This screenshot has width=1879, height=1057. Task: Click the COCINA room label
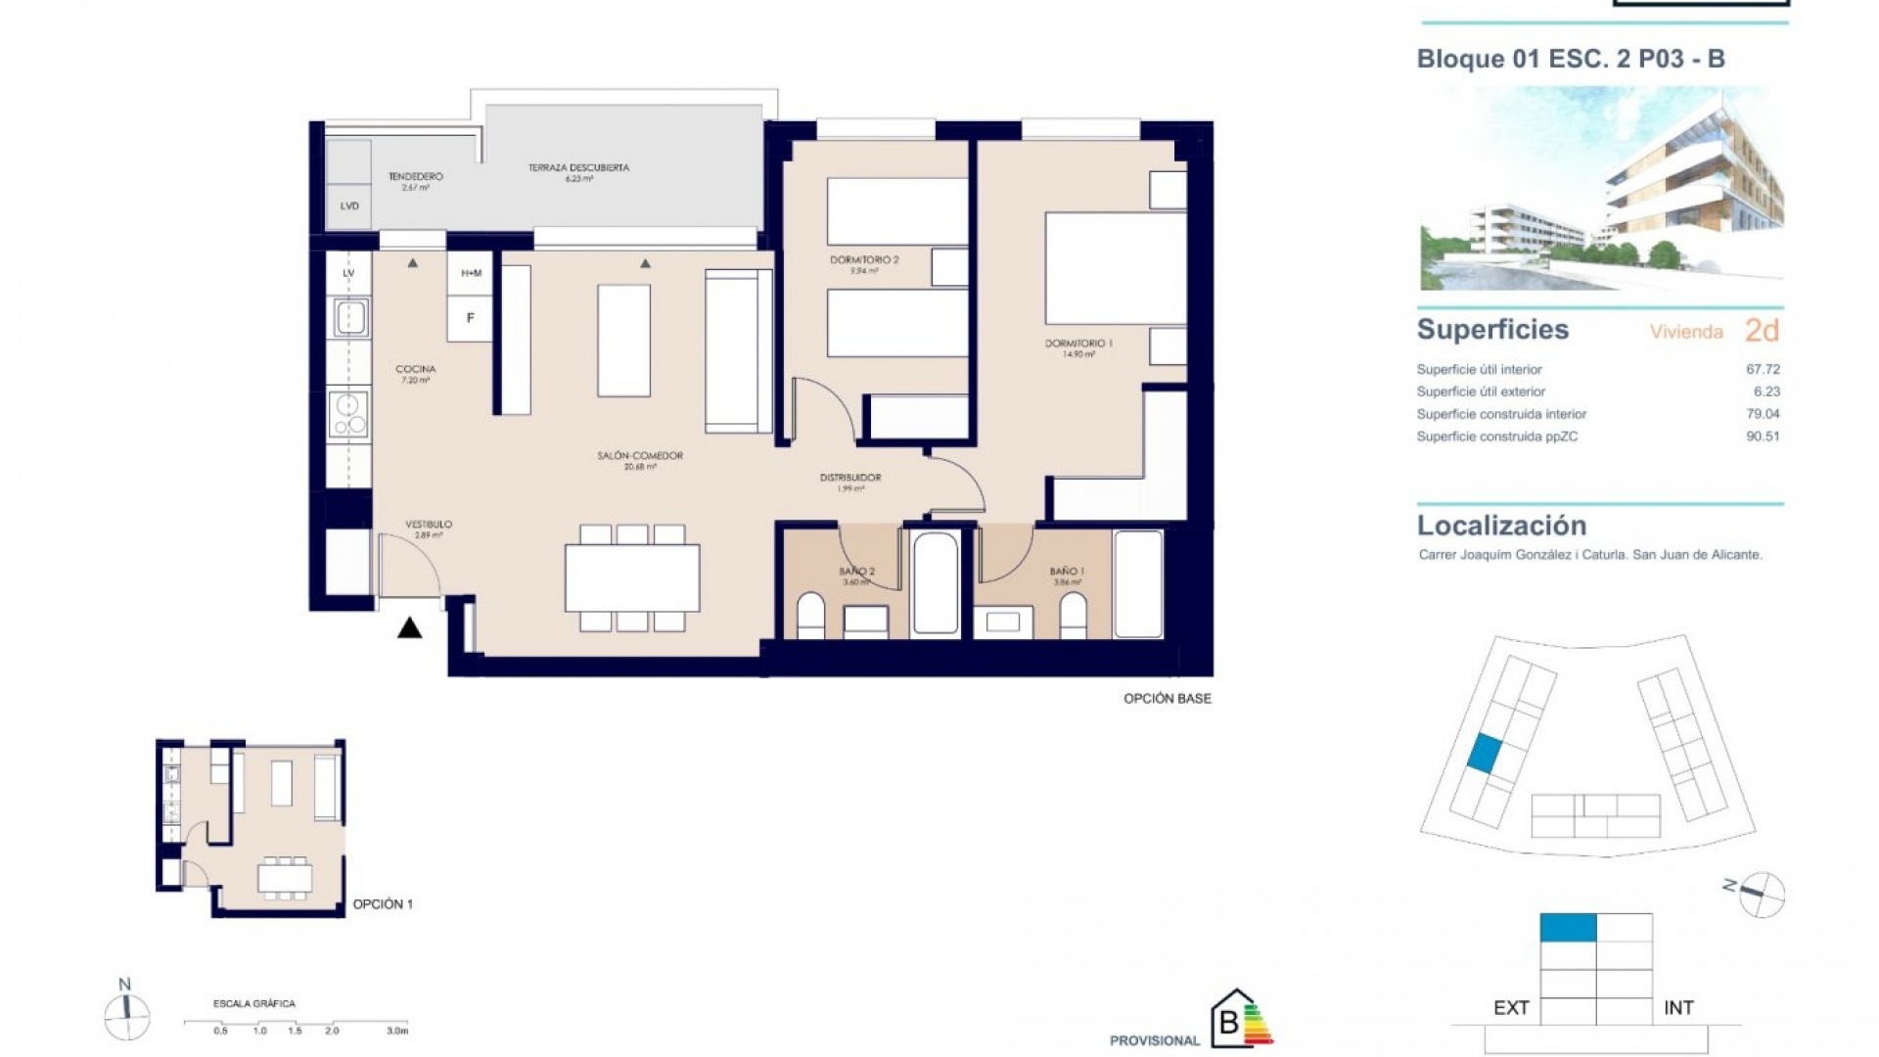pyautogui.click(x=415, y=370)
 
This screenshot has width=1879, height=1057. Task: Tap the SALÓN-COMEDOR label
pyautogui.click(x=640, y=456)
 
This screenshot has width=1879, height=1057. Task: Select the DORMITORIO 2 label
pyautogui.click(x=864, y=260)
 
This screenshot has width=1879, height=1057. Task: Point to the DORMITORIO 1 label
pyautogui.click(x=1078, y=344)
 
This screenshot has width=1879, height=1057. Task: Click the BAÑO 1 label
pyautogui.click(x=1067, y=572)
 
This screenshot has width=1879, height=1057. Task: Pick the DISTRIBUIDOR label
pyautogui.click(x=850, y=478)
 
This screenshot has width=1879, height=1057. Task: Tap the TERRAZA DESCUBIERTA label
pyautogui.click(x=578, y=168)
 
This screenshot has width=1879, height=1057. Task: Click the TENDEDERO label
pyautogui.click(x=415, y=177)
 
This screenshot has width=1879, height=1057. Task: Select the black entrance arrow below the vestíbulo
pyautogui.click(x=409, y=628)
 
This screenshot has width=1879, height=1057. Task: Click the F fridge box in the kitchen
pyautogui.click(x=471, y=318)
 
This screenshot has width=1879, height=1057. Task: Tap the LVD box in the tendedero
pyautogui.click(x=349, y=207)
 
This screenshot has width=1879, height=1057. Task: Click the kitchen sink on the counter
pyautogui.click(x=349, y=317)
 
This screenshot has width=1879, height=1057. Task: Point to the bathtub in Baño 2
pyautogui.click(x=935, y=583)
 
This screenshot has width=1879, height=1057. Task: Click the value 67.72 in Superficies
pyautogui.click(x=1762, y=369)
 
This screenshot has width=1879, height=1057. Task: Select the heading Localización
pyautogui.click(x=1501, y=526)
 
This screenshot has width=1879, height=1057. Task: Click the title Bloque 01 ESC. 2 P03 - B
pyautogui.click(x=1570, y=59)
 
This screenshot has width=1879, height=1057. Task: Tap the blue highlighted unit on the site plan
pyautogui.click(x=1484, y=754)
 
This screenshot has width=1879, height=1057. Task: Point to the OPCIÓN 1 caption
pyautogui.click(x=383, y=904)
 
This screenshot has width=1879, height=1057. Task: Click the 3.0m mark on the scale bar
pyautogui.click(x=396, y=1031)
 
